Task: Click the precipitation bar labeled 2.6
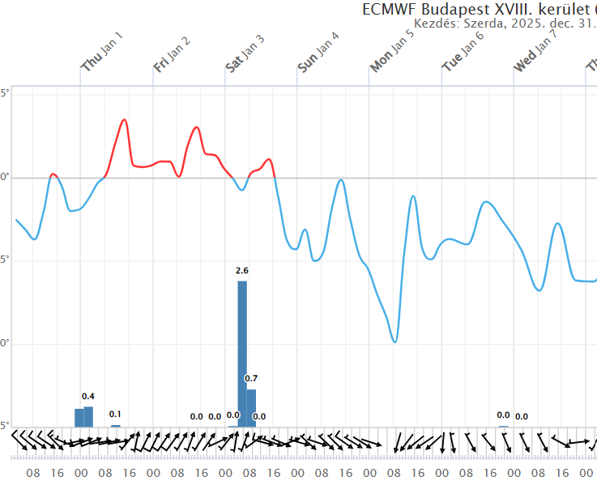click(242, 353)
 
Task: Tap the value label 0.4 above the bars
click(88, 396)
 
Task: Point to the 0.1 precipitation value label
click(115, 414)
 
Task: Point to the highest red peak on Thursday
click(124, 120)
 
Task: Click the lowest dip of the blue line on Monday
click(394, 341)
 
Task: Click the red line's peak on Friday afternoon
click(196, 127)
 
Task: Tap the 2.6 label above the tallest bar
click(241, 270)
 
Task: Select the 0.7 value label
click(251, 379)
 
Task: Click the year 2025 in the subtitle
click(528, 24)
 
